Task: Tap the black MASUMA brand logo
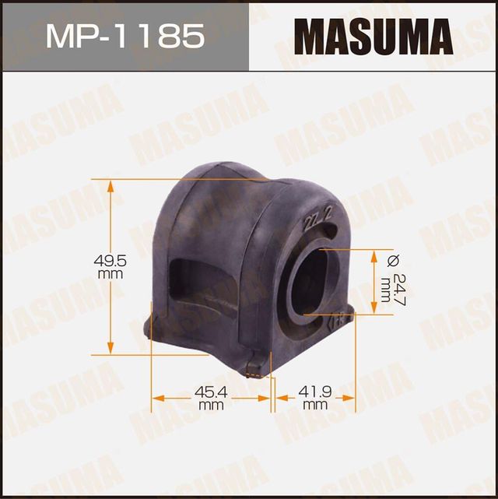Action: (372, 36)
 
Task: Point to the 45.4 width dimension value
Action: (206, 394)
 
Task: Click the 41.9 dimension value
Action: (315, 394)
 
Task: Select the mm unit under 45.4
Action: (206, 406)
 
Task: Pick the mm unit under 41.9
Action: (315, 406)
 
